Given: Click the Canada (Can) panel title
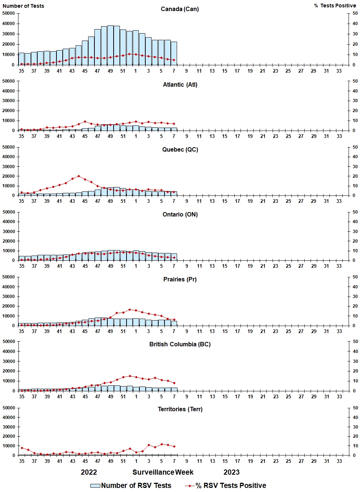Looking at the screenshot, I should pos(180,9).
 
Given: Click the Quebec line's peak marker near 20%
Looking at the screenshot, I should pos(79,176).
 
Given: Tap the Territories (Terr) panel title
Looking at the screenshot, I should pos(180,409).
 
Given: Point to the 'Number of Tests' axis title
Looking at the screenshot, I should pos(23,6).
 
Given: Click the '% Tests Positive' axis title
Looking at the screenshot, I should pos(335,6).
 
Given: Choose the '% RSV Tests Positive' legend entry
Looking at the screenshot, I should pos(226,485).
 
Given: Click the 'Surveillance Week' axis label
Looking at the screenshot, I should pos(163,472).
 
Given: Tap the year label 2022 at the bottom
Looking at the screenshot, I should pos(89,472).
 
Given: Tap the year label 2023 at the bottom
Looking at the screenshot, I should pos(231,472).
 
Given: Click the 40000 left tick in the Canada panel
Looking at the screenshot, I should pos(8,24).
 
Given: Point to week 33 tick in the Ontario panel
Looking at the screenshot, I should pos(339,266).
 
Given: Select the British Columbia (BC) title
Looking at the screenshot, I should pos(180,344).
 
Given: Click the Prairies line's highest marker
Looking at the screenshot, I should pos(129,309).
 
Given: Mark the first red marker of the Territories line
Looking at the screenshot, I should pos(22,448).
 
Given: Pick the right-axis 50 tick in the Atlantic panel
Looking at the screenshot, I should pos(355,81).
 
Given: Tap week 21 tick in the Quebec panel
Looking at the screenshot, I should pos(263,201).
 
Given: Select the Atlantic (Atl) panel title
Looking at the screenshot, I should pos(180,84).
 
